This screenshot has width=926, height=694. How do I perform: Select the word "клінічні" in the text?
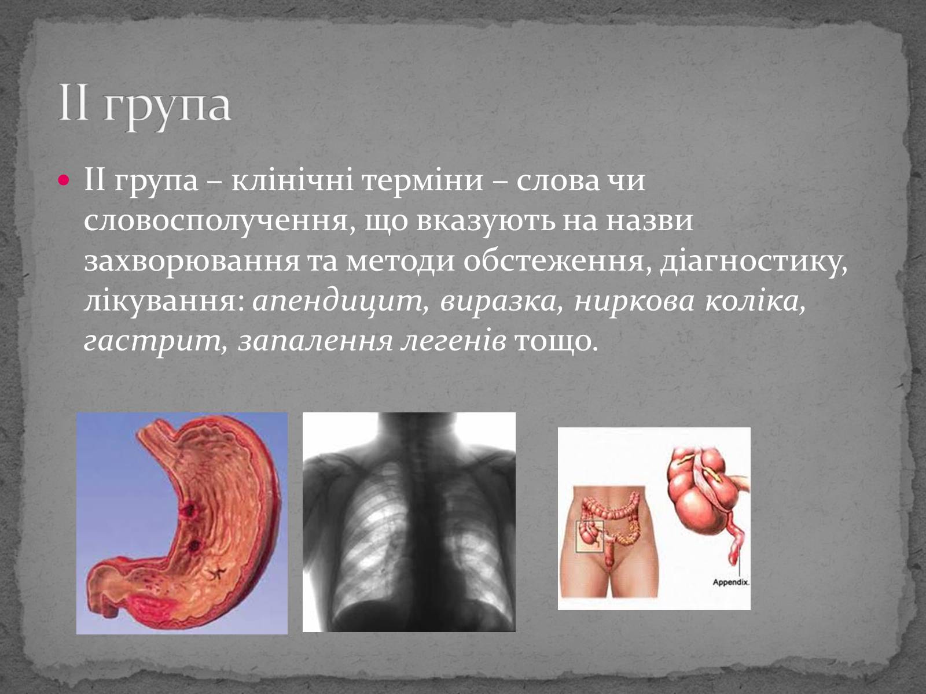292,181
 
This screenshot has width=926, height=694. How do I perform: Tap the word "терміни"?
423,181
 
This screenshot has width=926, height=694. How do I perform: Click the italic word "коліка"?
756,301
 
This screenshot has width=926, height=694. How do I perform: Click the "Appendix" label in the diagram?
731,582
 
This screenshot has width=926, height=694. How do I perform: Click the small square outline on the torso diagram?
590,536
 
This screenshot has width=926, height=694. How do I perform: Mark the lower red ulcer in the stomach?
194,546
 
